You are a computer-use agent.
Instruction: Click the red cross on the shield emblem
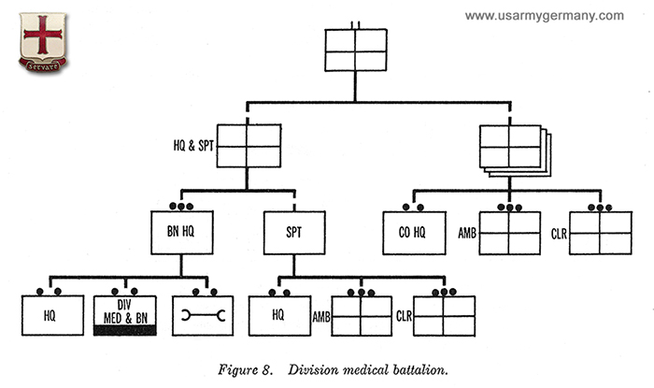[x=42, y=35]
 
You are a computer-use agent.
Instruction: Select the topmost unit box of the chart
[x=355, y=50]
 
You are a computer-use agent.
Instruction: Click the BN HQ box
[x=183, y=232]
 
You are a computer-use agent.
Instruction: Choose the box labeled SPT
[x=292, y=232]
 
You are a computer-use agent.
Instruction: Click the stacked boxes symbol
[x=511, y=148]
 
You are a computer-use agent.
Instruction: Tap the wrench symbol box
[x=203, y=316]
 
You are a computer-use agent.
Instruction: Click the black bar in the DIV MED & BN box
[x=125, y=330]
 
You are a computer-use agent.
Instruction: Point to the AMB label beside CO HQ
[x=467, y=232]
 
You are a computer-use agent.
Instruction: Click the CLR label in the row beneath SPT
[x=404, y=316]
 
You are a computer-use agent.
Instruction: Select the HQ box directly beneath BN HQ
[x=49, y=316]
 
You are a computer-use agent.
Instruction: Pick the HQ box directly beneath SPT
[x=278, y=316]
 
